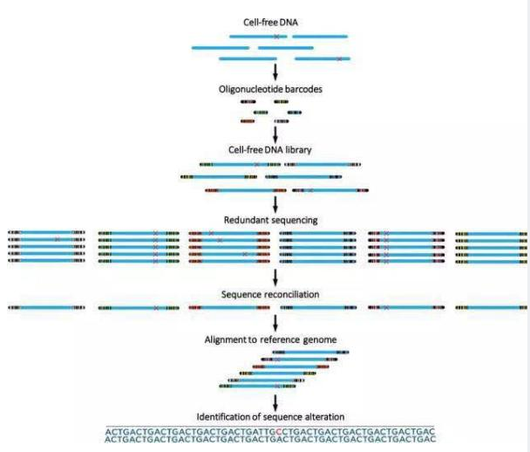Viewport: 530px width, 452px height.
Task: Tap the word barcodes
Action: (x=302, y=88)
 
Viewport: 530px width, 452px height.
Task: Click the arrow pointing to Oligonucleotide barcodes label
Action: (x=276, y=71)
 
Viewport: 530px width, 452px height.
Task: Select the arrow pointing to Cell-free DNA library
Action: (x=276, y=133)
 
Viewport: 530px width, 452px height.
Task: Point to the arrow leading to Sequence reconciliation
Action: (x=276, y=277)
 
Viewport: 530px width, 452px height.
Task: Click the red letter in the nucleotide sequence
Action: (x=275, y=431)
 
